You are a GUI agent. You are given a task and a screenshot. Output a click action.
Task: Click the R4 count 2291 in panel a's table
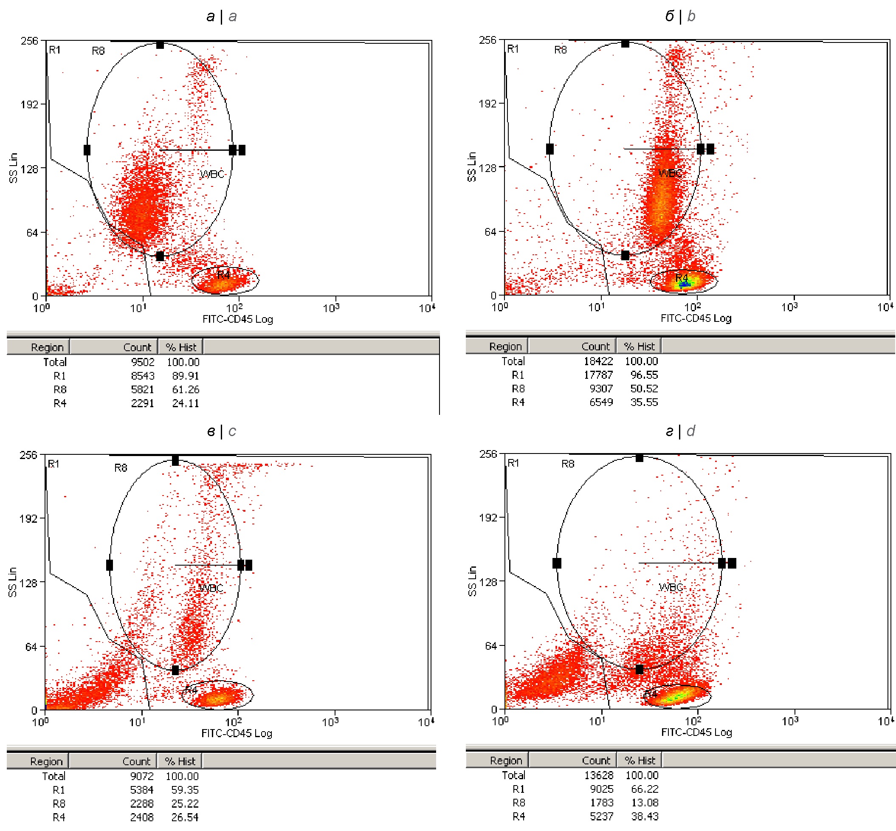point(142,403)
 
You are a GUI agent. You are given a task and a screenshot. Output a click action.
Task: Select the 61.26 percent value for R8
point(185,389)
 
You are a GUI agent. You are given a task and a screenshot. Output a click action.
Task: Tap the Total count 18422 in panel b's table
point(598,361)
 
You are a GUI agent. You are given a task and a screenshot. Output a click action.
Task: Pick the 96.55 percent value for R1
point(644,375)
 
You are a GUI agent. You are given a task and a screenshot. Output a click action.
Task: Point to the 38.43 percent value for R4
point(644,816)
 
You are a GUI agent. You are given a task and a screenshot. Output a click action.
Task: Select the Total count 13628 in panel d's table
point(598,775)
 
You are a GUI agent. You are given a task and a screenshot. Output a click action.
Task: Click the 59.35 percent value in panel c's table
point(184,790)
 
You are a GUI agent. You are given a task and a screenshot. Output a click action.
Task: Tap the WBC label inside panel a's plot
point(212,174)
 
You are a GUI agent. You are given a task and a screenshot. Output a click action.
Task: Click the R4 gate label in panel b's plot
point(681,277)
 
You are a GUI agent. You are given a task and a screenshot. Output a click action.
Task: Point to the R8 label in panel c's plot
point(121,468)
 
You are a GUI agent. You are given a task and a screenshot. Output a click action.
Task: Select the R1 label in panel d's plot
point(513,463)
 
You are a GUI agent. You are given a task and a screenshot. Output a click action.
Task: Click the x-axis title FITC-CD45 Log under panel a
point(237,319)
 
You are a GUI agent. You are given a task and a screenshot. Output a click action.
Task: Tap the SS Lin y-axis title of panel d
point(472,581)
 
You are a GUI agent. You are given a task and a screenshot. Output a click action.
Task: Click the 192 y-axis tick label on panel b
point(487,104)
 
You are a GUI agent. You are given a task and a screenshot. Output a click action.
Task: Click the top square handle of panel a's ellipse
point(160,45)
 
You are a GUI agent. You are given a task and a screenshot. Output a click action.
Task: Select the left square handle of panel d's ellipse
point(557,563)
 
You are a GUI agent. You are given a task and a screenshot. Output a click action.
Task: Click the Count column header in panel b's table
point(595,346)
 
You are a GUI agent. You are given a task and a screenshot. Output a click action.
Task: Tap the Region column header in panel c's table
point(46,761)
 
